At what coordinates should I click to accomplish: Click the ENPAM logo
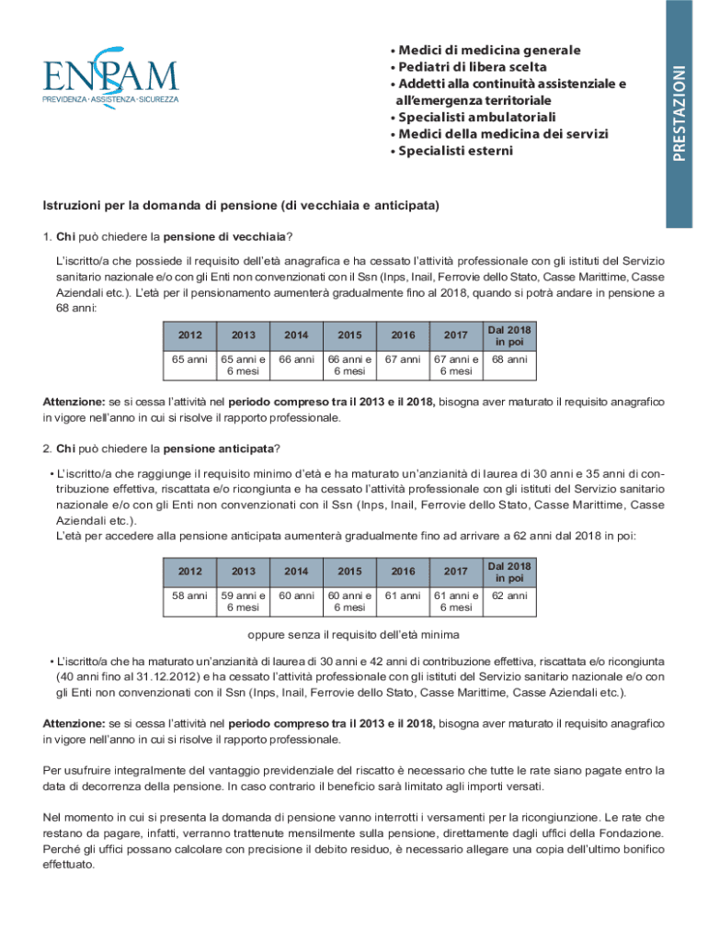[109, 78]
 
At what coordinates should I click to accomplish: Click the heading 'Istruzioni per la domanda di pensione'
[241, 204]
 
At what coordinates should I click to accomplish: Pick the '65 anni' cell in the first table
[189, 359]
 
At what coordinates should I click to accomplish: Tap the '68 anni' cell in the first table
[509, 359]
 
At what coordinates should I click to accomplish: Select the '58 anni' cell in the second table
[189, 595]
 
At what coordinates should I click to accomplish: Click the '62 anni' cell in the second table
[509, 595]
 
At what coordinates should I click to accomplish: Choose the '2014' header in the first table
[296, 335]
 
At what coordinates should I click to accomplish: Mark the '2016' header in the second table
[403, 572]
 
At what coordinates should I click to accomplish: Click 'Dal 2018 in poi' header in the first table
[509, 335]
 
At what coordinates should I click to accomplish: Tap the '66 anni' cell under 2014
[296, 359]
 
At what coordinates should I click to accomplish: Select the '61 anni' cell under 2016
[403, 595]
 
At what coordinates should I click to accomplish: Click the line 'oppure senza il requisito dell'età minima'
[353, 635]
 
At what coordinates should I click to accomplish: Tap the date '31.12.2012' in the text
[143, 676]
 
